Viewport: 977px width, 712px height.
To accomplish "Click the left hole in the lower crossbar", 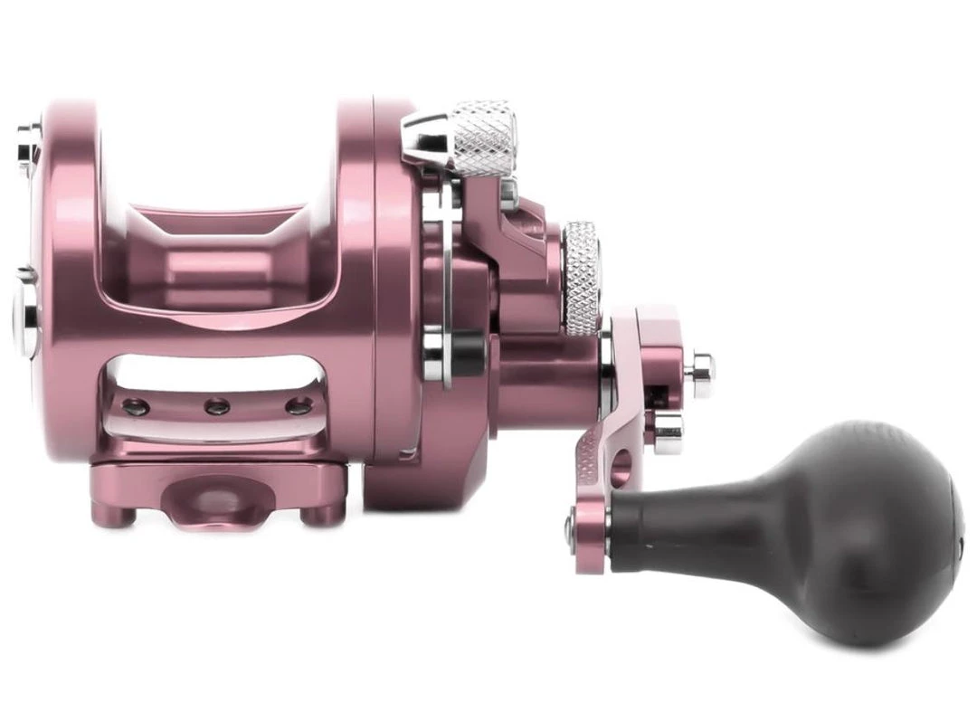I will (136, 406).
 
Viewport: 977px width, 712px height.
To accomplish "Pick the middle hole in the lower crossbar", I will (217, 407).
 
